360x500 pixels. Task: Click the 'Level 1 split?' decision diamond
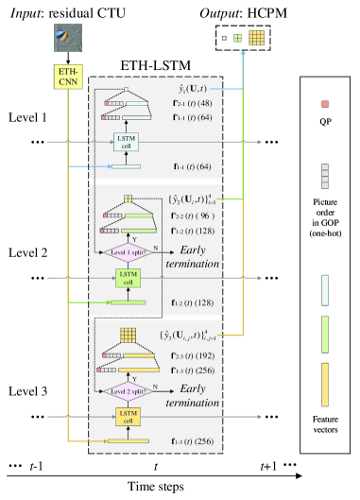[131, 252]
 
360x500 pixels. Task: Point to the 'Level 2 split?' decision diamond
[131, 391]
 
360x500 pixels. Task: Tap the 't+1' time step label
[273, 466]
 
